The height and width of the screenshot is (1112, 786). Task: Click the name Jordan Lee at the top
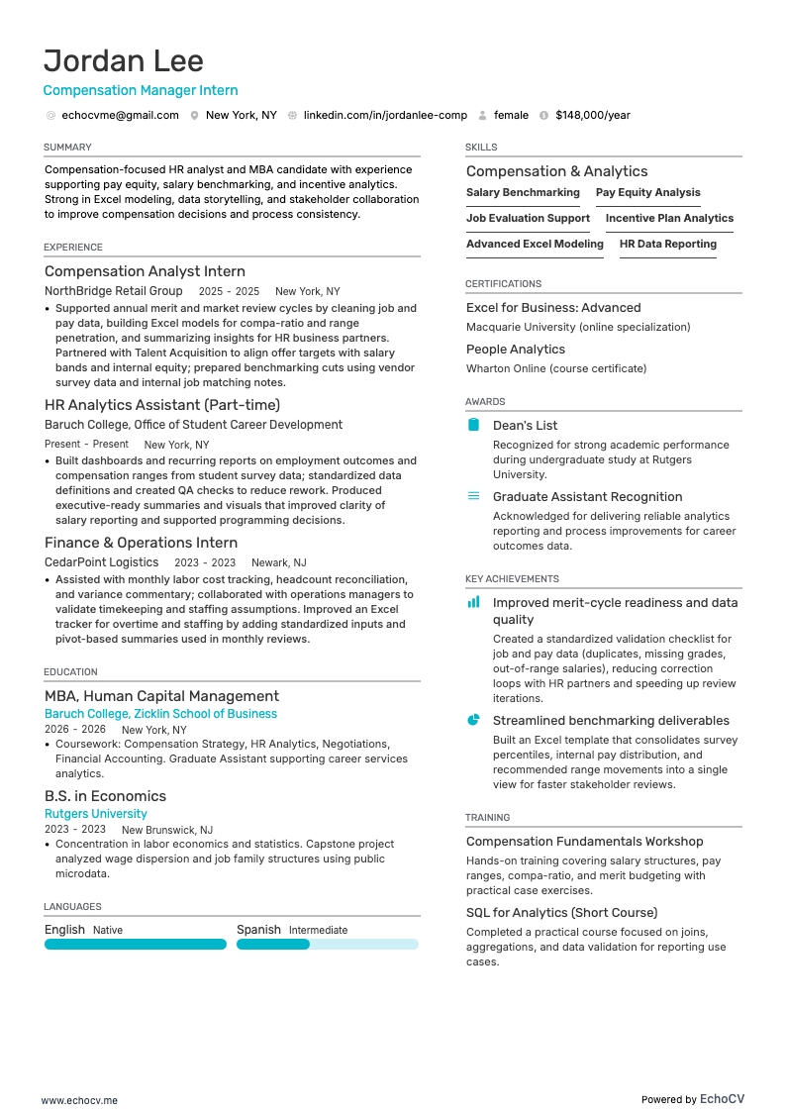(x=124, y=60)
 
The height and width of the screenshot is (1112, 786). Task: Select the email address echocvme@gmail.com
(x=120, y=115)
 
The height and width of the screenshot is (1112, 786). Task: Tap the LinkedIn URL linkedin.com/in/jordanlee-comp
(x=385, y=115)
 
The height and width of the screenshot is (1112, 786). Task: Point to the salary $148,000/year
(x=592, y=115)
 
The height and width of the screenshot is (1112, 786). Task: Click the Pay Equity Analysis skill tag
(x=647, y=193)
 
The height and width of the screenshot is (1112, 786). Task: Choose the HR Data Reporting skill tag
(x=667, y=245)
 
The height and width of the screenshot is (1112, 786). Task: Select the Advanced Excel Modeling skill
(x=535, y=245)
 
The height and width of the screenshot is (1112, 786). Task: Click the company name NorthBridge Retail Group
(x=114, y=291)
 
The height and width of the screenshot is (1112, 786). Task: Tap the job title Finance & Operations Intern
(x=141, y=543)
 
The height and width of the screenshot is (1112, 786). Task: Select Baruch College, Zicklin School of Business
(x=160, y=714)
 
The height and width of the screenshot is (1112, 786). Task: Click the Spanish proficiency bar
(x=327, y=945)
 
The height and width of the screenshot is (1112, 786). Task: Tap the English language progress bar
(x=135, y=945)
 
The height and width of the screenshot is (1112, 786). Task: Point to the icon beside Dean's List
(x=473, y=425)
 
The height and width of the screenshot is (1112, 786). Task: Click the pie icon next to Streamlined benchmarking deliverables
(x=473, y=720)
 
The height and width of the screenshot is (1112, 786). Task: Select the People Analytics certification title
(x=516, y=350)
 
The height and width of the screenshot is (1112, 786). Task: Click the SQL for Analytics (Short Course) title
(x=561, y=913)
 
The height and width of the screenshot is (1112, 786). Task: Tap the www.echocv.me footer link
(x=79, y=1100)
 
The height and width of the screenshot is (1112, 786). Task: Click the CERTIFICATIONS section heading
(x=503, y=284)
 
